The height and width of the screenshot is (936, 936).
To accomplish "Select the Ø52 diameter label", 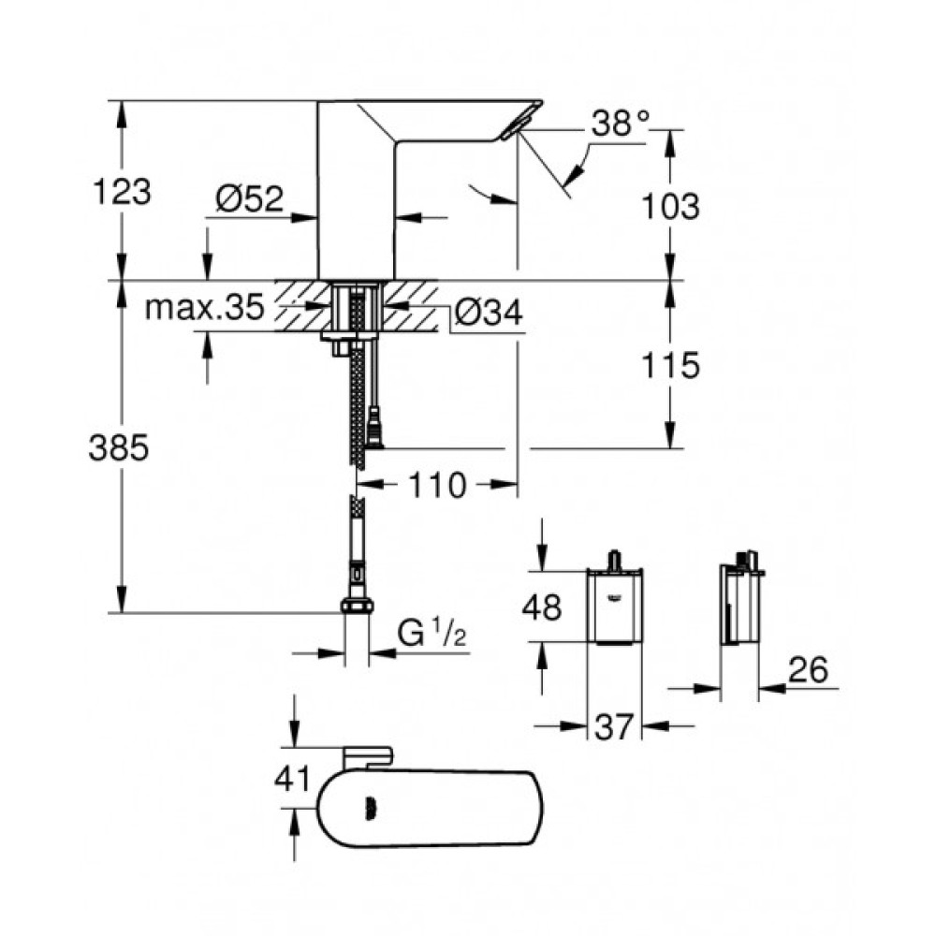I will coord(249,198).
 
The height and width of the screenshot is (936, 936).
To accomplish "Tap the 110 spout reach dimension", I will coord(436,485).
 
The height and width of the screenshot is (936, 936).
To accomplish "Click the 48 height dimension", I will coord(541,607).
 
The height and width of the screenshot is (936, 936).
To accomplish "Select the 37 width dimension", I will coord(613,725).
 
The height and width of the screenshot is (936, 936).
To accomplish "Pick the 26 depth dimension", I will coord(808,670).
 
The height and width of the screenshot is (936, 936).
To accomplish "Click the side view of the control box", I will coord(739,607).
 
